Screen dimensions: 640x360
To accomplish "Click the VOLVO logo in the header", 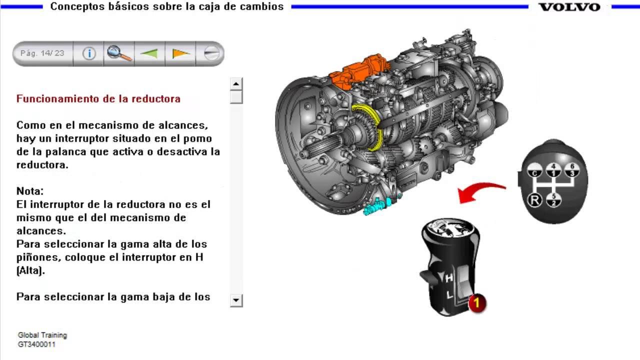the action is [569, 7].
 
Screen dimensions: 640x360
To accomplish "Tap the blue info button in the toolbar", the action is [89, 53].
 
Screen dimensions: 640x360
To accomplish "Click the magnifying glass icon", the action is [119, 53].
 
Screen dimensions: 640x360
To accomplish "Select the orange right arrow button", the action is [181, 53].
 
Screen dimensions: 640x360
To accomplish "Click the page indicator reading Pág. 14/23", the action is [42, 53].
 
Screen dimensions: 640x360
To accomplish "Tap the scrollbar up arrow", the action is [236, 83].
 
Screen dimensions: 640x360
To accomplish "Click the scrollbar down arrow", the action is [236, 300].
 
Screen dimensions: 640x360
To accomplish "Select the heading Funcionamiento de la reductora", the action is [98, 99].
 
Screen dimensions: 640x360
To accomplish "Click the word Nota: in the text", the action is [30, 191].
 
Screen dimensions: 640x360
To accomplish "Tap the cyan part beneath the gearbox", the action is [377, 205].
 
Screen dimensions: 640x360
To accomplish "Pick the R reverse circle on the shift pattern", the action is [534, 199].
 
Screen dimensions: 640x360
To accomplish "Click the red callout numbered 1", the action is [476, 303].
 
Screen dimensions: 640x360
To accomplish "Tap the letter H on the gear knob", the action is [449, 277].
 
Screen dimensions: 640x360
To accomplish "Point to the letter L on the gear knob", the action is [449, 294].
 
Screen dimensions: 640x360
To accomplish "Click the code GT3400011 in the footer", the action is [36, 344].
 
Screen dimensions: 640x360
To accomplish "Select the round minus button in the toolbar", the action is [211, 53].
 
